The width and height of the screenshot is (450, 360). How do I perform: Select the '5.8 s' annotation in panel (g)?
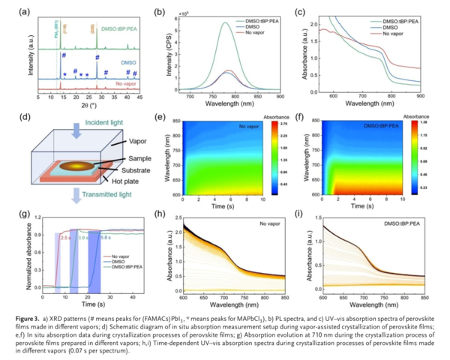(x=105, y=237)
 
